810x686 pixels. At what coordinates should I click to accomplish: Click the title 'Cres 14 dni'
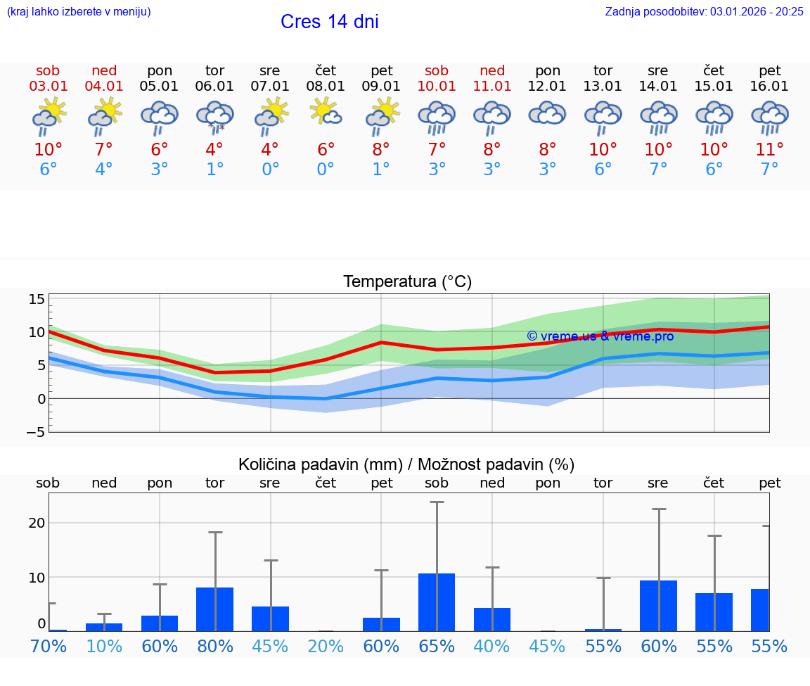(x=329, y=22)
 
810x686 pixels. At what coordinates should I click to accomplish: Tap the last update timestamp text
(x=704, y=11)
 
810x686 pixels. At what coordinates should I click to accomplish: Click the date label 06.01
(x=214, y=86)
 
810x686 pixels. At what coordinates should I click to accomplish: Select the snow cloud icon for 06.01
(x=214, y=116)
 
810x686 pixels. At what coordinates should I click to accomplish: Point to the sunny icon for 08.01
(x=326, y=112)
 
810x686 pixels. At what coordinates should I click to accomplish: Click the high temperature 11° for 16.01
(x=769, y=149)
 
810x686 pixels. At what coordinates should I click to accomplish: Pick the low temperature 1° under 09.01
(x=381, y=170)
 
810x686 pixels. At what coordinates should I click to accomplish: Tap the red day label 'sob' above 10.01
(x=437, y=70)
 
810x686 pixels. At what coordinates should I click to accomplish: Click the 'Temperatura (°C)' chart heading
(x=407, y=281)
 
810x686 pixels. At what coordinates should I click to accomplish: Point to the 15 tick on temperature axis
(x=37, y=299)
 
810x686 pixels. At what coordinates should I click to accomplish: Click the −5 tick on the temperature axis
(x=35, y=431)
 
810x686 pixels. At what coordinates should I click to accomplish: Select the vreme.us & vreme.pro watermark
(x=600, y=336)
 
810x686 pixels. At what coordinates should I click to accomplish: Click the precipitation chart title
(x=406, y=464)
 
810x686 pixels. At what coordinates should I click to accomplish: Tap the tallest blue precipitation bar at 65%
(x=437, y=602)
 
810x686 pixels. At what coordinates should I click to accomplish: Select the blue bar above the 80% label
(x=214, y=609)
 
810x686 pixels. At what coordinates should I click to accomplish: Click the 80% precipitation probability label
(x=214, y=646)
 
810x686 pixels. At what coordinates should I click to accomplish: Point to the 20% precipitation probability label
(x=326, y=646)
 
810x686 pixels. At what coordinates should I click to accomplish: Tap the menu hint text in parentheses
(x=79, y=11)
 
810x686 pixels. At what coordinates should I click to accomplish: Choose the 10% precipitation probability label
(x=104, y=646)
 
